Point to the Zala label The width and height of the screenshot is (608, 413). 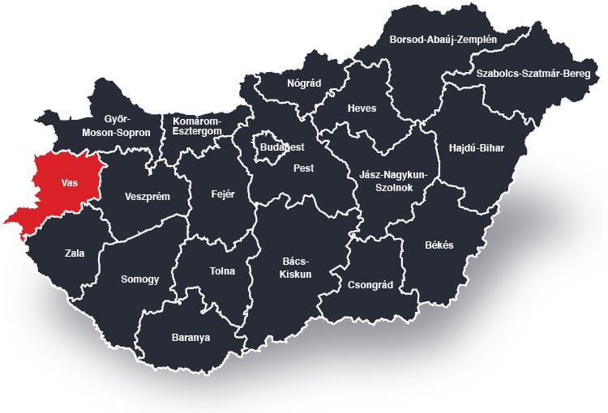74,253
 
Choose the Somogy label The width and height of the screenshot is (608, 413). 139,279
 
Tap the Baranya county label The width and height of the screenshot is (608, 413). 191,337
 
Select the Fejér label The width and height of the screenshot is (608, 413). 222,194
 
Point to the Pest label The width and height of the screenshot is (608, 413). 303,168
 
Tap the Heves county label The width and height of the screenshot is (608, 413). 362,109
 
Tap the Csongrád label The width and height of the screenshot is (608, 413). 369,285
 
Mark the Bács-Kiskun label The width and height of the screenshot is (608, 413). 297,267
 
